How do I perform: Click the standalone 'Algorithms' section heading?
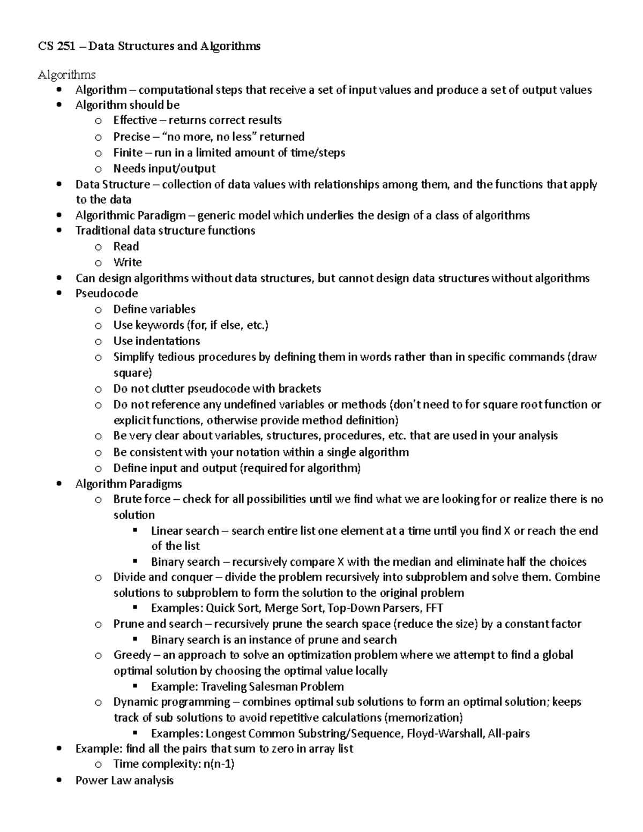(66, 74)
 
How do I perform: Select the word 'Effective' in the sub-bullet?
(135, 121)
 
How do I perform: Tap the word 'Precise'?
(131, 137)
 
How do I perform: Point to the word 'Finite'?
(128, 153)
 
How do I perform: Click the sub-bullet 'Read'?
(126, 246)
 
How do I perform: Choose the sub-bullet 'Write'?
(128, 263)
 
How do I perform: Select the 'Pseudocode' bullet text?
(107, 294)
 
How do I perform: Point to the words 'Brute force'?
(142, 499)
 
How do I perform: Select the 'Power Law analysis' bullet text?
(124, 781)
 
